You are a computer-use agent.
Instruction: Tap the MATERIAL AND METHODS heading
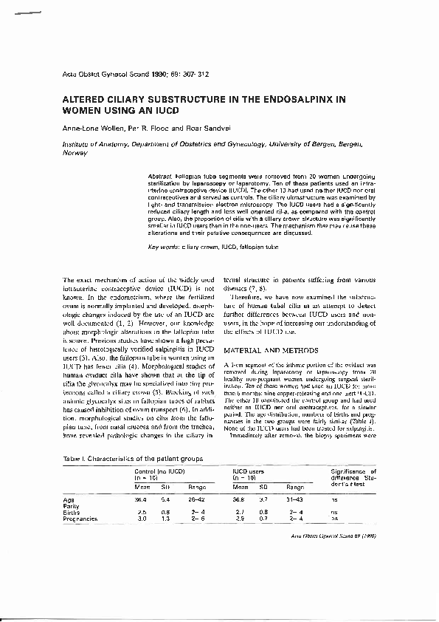click(271, 349)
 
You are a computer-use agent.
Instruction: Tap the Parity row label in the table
click(72, 505)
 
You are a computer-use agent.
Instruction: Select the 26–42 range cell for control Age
click(198, 499)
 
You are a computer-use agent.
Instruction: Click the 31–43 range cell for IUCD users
click(295, 499)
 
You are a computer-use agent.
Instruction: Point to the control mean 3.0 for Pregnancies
click(141, 519)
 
